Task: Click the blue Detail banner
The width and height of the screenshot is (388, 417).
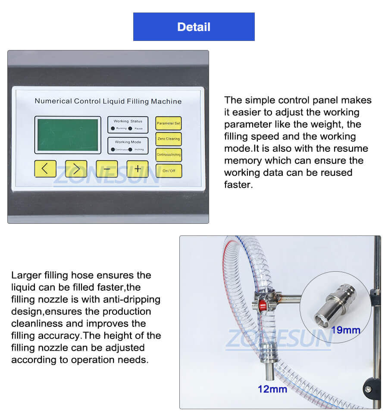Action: point(194,27)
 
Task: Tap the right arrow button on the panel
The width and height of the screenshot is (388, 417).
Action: point(76,169)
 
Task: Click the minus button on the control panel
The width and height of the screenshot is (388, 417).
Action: point(107,169)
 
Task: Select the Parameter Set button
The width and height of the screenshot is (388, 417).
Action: point(169,123)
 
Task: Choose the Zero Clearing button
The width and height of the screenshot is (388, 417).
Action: point(169,139)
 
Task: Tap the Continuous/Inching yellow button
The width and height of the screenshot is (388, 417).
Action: point(169,154)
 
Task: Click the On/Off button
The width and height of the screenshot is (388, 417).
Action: point(169,171)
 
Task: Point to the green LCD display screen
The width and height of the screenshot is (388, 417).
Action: point(68,135)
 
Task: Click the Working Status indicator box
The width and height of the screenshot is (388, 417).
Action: point(128,125)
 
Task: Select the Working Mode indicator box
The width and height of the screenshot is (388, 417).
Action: point(128,145)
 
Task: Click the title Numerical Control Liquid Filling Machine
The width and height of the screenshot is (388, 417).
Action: point(108,101)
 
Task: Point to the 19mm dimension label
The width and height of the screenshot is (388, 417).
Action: point(345,331)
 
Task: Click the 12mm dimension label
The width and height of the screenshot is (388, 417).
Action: point(272,389)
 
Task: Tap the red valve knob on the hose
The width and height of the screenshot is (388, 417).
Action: point(261,305)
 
